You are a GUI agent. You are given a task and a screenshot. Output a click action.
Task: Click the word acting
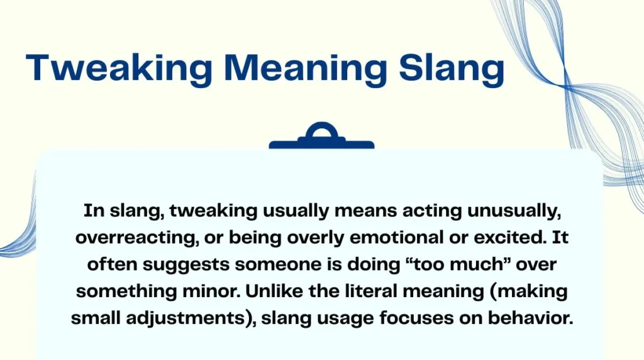pos(414,211)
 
